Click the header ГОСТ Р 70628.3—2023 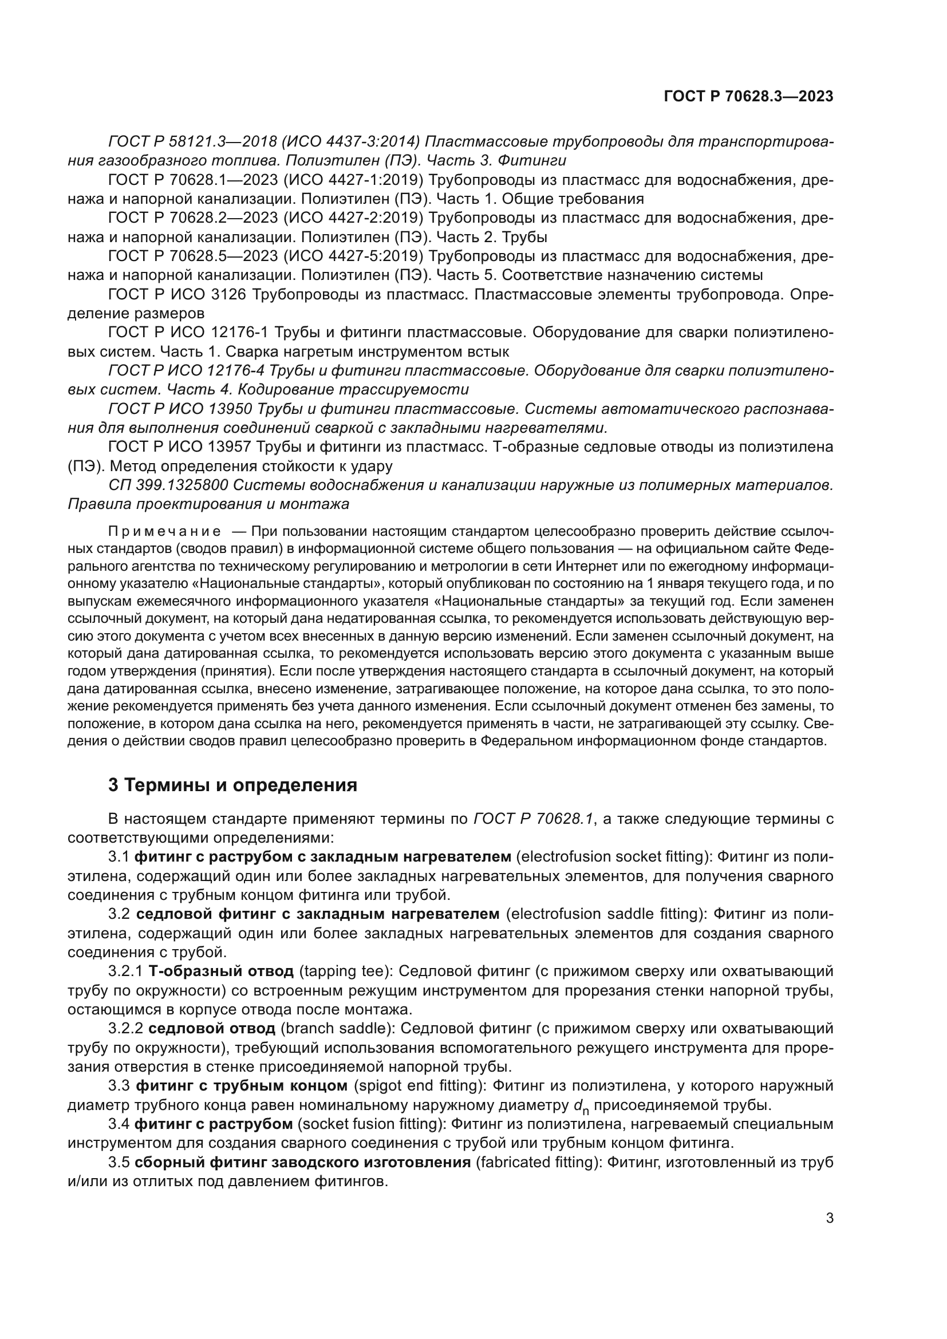748,97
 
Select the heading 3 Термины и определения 232,785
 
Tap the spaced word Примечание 164,531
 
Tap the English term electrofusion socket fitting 612,857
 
